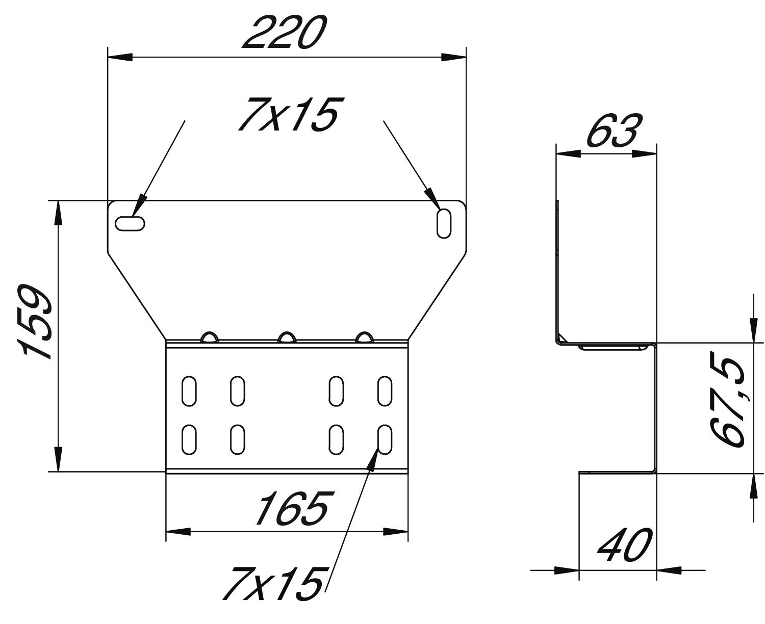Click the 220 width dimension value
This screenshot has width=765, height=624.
pyautogui.click(x=284, y=32)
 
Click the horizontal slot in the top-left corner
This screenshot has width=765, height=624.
pyautogui.click(x=130, y=223)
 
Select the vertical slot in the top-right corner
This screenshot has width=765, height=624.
pyautogui.click(x=444, y=223)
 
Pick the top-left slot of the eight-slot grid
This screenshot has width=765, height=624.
pyautogui.click(x=189, y=391)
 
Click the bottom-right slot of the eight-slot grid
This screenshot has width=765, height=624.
pyautogui.click(x=385, y=440)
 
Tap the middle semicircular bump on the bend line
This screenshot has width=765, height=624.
pyautogui.click(x=287, y=337)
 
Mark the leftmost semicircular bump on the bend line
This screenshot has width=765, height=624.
pyautogui.click(x=210, y=337)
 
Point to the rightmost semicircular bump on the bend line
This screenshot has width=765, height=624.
pyautogui.click(x=364, y=337)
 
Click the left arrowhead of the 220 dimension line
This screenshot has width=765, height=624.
pyautogui.click(x=120, y=57)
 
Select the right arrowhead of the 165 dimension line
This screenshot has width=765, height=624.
pyautogui.click(x=396, y=532)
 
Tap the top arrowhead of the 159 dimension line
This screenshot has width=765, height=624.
pyautogui.click(x=58, y=213)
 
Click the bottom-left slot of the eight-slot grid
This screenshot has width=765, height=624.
pyautogui.click(x=189, y=440)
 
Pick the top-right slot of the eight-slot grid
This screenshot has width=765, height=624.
pyautogui.click(x=385, y=391)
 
